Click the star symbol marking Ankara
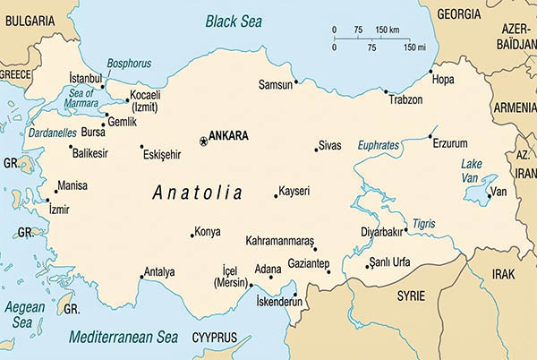202,140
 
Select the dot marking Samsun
296,81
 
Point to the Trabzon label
405,99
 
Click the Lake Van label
473,170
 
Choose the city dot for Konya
192,236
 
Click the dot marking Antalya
141,277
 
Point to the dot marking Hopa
430,71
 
